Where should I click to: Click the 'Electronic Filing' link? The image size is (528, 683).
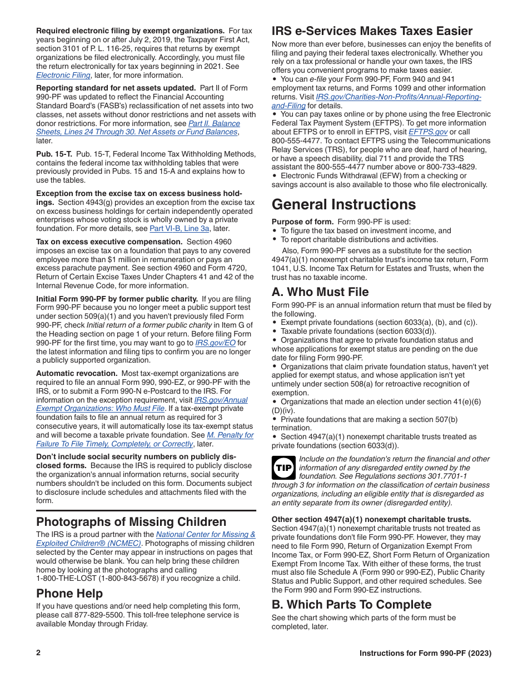tap(63, 75)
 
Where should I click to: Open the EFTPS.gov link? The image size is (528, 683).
tap(427, 132)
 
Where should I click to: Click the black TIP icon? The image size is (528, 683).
tap(283, 468)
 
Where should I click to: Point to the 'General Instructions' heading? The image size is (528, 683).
tap(343, 204)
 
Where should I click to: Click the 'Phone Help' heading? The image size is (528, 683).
tap(69, 593)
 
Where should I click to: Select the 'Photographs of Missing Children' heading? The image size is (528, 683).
tap(131, 522)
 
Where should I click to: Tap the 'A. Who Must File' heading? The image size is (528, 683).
tap(320, 292)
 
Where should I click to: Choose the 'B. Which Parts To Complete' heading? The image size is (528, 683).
tap(351, 604)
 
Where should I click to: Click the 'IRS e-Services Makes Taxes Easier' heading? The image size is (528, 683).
tap(372, 31)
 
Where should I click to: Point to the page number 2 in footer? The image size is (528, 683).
tap(38, 653)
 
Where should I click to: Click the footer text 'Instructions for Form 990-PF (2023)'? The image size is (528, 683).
tap(425, 653)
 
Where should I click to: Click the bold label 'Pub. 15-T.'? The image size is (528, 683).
tap(54, 154)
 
